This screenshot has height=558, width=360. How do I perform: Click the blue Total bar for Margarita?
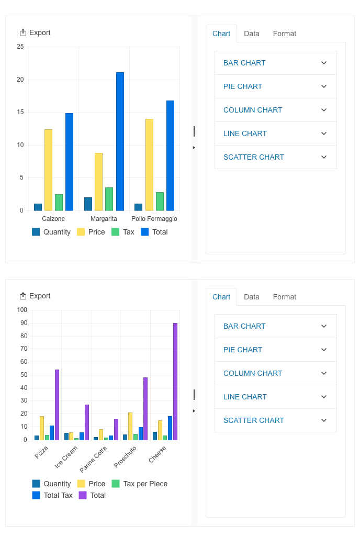point(120,141)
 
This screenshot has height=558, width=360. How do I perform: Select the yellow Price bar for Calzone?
point(48,170)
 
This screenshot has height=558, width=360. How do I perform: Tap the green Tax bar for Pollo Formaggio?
point(160,202)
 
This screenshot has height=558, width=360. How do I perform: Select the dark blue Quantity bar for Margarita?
point(88,204)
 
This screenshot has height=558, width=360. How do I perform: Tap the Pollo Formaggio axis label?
point(154,219)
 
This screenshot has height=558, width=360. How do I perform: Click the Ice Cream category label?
point(66,456)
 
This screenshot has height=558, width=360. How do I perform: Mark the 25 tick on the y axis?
point(20,47)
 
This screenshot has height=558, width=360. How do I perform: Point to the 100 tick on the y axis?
point(22,310)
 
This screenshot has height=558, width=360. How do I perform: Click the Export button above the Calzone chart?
point(35,32)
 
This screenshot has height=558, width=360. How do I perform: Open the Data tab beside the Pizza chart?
point(252,297)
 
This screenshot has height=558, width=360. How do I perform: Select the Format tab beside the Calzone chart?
point(285,34)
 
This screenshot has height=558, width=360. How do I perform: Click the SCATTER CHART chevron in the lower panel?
point(324,420)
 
